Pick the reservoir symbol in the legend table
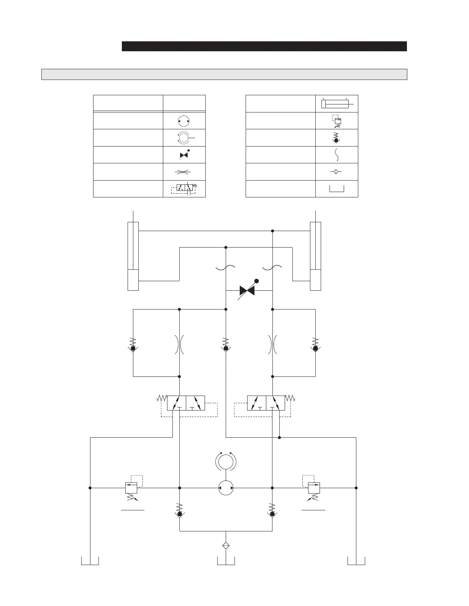(x=336, y=189)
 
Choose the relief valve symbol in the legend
(x=337, y=121)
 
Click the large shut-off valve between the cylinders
(x=247, y=290)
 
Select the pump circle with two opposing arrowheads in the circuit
(x=226, y=488)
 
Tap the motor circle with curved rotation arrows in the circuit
(x=226, y=461)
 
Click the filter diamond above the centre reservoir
(x=226, y=546)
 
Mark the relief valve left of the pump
(x=131, y=489)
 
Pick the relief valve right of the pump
(x=314, y=489)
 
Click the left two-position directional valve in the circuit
(x=186, y=403)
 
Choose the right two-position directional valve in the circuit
(x=266, y=403)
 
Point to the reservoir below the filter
(x=226, y=562)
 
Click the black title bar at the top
(x=264, y=46)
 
